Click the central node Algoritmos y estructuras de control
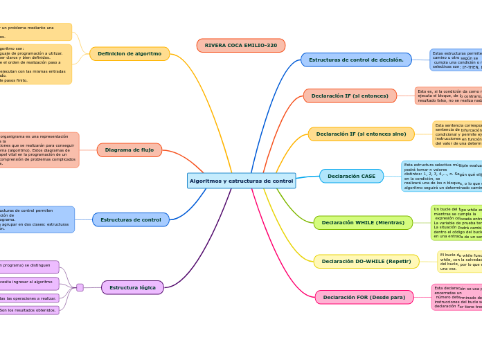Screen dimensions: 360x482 pyautogui.click(x=241, y=181)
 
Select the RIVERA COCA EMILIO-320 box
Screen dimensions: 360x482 pyautogui.click(x=240, y=46)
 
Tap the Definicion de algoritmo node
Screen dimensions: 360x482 pyautogui.click(x=130, y=54)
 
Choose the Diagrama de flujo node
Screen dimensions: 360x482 pyautogui.click(x=130, y=150)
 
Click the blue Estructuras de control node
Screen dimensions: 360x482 pyautogui.click(x=130, y=219)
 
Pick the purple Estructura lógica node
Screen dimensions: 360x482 pyautogui.click(x=132, y=287)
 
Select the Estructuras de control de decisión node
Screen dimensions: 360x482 pyautogui.click(x=356, y=60)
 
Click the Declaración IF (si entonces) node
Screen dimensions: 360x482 pyautogui.click(x=350, y=96)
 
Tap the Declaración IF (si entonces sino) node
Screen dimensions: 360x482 pyautogui.click(x=361, y=134)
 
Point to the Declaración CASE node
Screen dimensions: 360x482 pyautogui.click(x=351, y=177)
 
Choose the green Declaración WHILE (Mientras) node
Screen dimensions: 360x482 pyautogui.click(x=363, y=223)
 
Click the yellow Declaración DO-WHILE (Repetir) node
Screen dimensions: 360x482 pyautogui.click(x=366, y=262)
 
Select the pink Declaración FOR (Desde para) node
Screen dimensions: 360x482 pyautogui.click(x=364, y=298)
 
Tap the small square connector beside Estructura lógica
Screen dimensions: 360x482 pyautogui.click(x=80, y=287)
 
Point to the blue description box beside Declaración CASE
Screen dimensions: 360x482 pyautogui.click(x=441, y=177)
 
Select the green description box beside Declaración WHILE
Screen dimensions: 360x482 pyautogui.click(x=456, y=223)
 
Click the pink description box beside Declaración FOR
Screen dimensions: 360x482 pyautogui.click(x=456, y=298)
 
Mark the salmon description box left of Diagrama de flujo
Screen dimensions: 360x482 pyautogui.click(x=38, y=150)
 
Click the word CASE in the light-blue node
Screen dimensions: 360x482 pyautogui.click(x=366, y=177)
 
